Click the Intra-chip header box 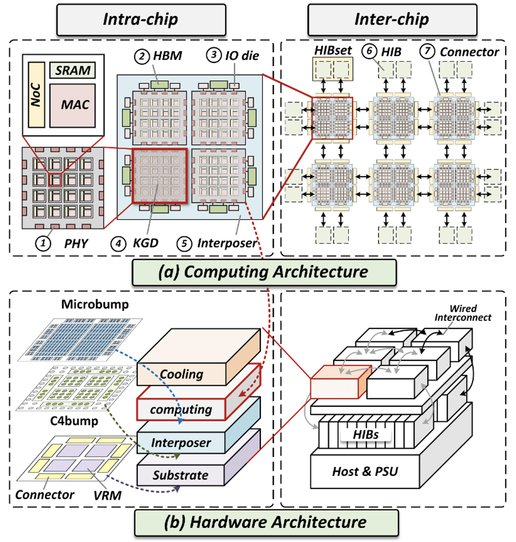[x=141, y=19]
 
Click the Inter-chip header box [x=392, y=19]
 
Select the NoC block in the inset [x=36, y=95]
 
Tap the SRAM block [x=73, y=70]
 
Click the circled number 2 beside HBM [x=142, y=55]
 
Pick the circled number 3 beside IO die [x=214, y=55]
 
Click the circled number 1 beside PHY [x=43, y=243]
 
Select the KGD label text [x=146, y=243]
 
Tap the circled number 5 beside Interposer [x=184, y=243]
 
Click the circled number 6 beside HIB [x=369, y=51]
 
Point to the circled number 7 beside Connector [x=427, y=51]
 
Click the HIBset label [x=333, y=51]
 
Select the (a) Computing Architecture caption [x=264, y=272]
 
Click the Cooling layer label [x=181, y=374]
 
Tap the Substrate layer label [x=180, y=475]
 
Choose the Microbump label [x=95, y=304]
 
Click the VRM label [x=107, y=495]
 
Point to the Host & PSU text [x=365, y=471]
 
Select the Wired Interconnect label [x=463, y=313]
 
